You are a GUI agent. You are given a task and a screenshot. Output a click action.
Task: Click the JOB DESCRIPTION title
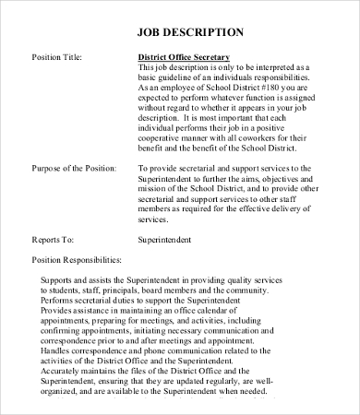tap(191, 32)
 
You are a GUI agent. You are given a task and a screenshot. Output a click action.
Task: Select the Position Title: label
tap(57, 57)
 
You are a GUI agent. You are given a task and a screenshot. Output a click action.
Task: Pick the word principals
tap(120, 289)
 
